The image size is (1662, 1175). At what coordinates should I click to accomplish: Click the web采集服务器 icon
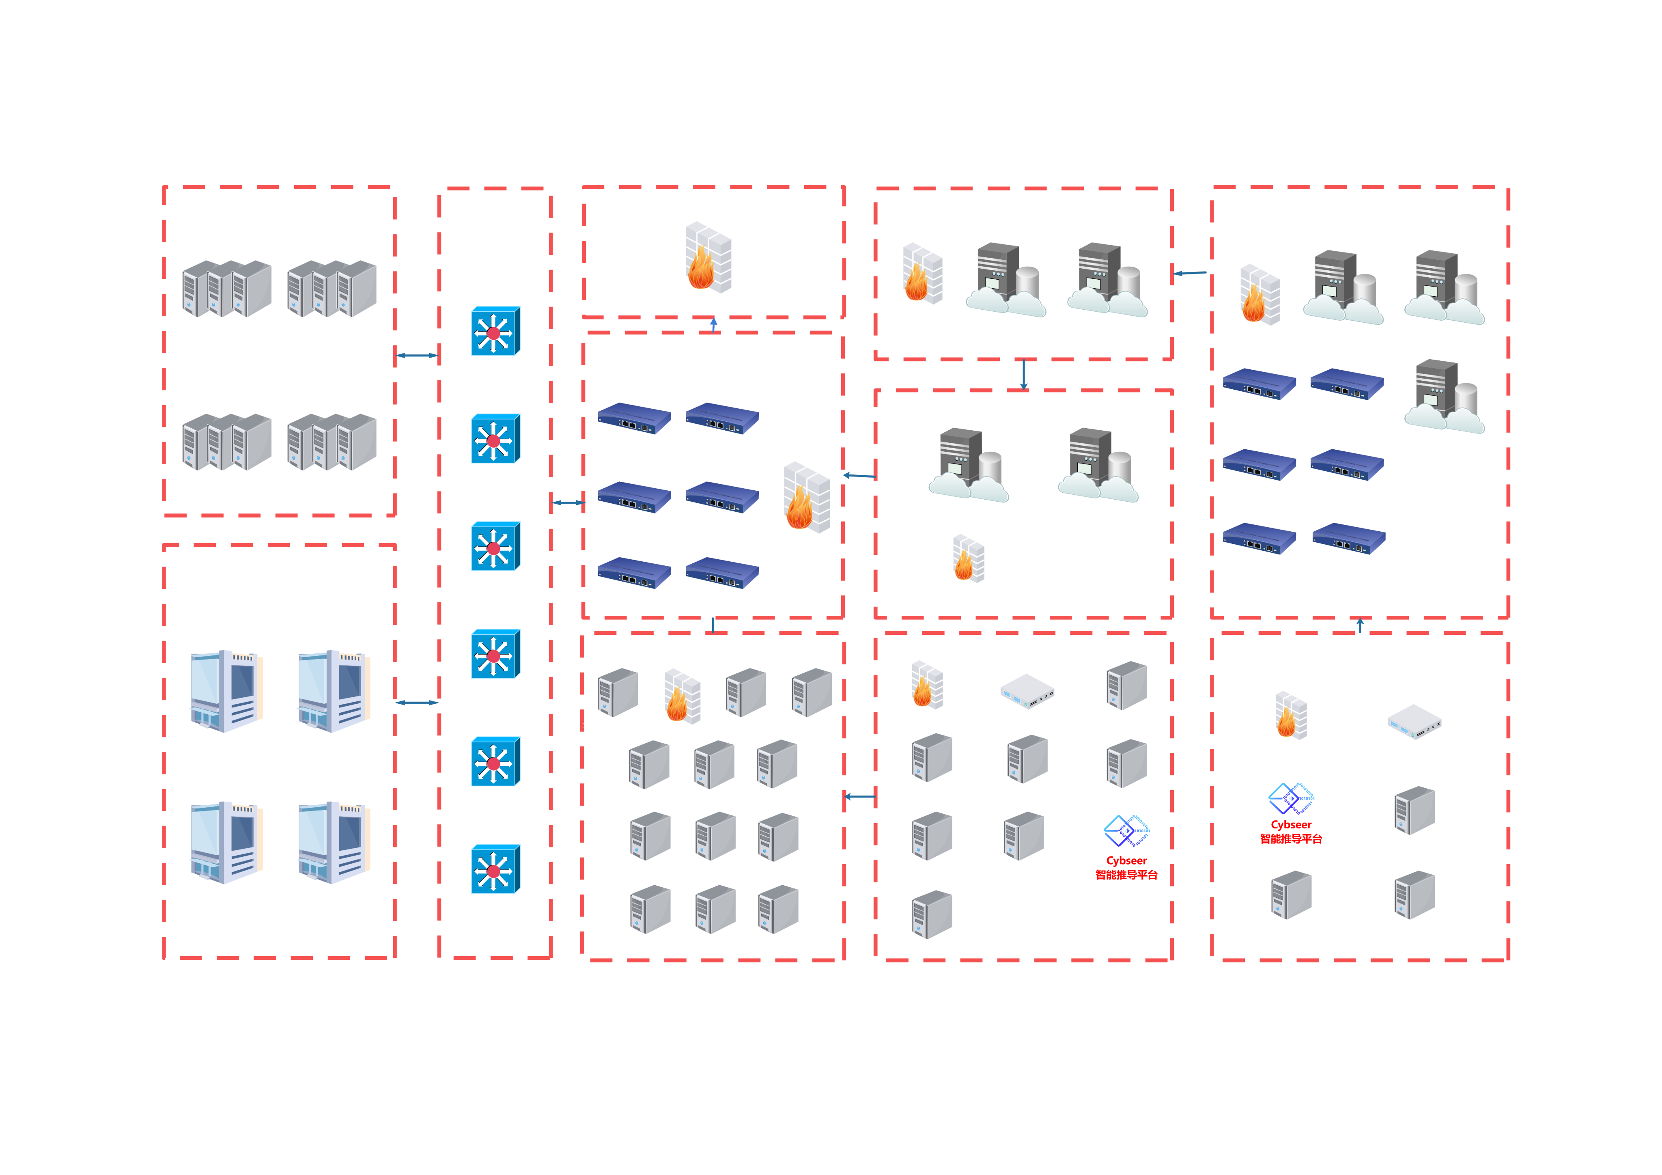click(x=1343, y=288)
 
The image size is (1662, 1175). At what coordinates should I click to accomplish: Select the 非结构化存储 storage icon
click(x=226, y=691)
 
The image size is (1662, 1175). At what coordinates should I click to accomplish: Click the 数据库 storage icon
click(x=334, y=843)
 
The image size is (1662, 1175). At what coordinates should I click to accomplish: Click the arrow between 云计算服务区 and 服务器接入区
click(x=417, y=356)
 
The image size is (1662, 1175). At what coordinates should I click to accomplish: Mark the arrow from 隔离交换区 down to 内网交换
click(x=1024, y=374)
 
